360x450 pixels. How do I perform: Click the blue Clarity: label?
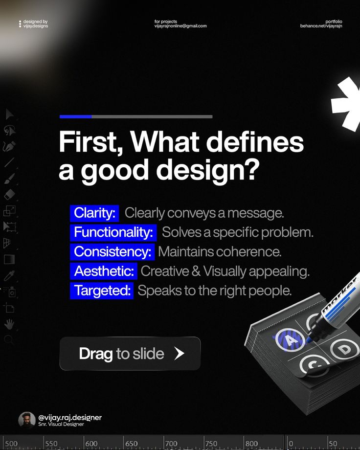[94, 213]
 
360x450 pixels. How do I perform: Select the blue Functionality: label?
[113, 232]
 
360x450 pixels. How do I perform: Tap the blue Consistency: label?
[112, 252]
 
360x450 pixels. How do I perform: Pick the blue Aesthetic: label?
[104, 271]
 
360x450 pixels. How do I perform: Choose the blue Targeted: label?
[102, 291]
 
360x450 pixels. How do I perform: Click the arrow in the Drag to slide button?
[180, 353]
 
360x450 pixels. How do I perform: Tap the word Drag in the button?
[96, 354]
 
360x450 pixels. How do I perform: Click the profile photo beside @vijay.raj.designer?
[27, 421]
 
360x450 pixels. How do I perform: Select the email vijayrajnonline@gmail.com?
[180, 26]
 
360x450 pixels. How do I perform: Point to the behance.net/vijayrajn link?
[321, 26]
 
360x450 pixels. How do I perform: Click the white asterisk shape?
[347, 104]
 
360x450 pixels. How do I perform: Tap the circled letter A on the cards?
[290, 340]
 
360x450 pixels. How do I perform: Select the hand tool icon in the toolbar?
[9, 324]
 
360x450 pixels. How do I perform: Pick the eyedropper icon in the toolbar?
[9, 276]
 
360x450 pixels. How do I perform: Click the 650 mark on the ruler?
[132, 444]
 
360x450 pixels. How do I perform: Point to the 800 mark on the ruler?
[251, 444]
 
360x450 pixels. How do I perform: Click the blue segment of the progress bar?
[76, 116]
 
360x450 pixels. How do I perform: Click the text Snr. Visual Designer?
[61, 424]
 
